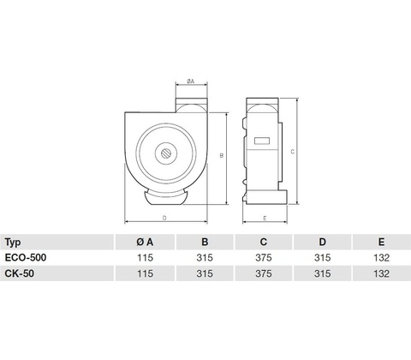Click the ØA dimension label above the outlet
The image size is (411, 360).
(x=191, y=81)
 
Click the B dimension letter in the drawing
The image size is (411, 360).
(x=221, y=156)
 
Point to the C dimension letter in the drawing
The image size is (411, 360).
(x=292, y=152)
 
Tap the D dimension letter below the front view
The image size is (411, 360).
(x=164, y=218)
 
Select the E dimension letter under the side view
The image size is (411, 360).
(x=265, y=219)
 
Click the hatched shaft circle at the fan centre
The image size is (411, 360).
(x=166, y=153)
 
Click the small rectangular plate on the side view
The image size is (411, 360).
(x=262, y=141)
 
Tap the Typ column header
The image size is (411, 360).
(x=13, y=243)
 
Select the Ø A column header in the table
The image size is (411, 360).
(x=145, y=243)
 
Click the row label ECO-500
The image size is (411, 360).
(x=26, y=258)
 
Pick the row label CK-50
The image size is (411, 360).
(x=20, y=273)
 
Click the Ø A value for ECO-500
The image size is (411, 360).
(x=145, y=258)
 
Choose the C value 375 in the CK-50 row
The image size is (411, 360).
(x=264, y=273)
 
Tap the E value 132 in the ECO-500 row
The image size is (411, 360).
(x=381, y=258)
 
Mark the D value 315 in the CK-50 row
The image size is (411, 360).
(x=322, y=273)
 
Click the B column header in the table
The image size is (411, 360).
(x=205, y=243)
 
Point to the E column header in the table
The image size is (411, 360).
(x=381, y=243)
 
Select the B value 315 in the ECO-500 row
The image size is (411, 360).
(x=205, y=258)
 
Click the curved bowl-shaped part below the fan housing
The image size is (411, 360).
(x=165, y=199)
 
